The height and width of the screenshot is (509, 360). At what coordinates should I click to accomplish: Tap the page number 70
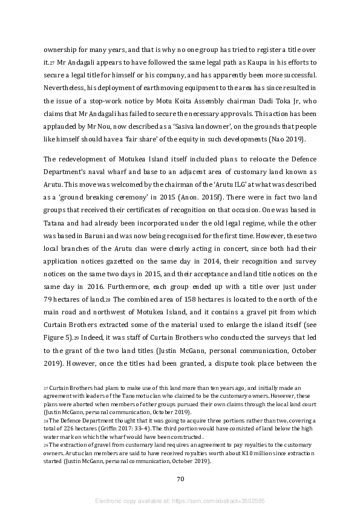(180, 478)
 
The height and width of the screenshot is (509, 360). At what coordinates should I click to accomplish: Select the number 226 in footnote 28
(58, 426)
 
